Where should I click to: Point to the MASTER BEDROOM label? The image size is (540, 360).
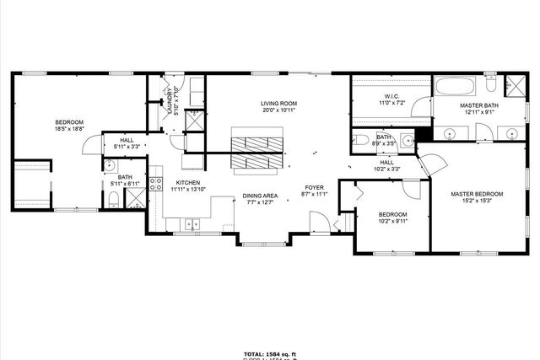[x=477, y=194]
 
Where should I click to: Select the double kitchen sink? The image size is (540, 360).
[x=192, y=223]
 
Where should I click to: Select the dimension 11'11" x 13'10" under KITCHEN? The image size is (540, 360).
[x=186, y=190]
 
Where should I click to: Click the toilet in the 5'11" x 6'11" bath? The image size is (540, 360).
[x=113, y=200]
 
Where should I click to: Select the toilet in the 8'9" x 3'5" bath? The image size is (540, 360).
[x=359, y=140]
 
